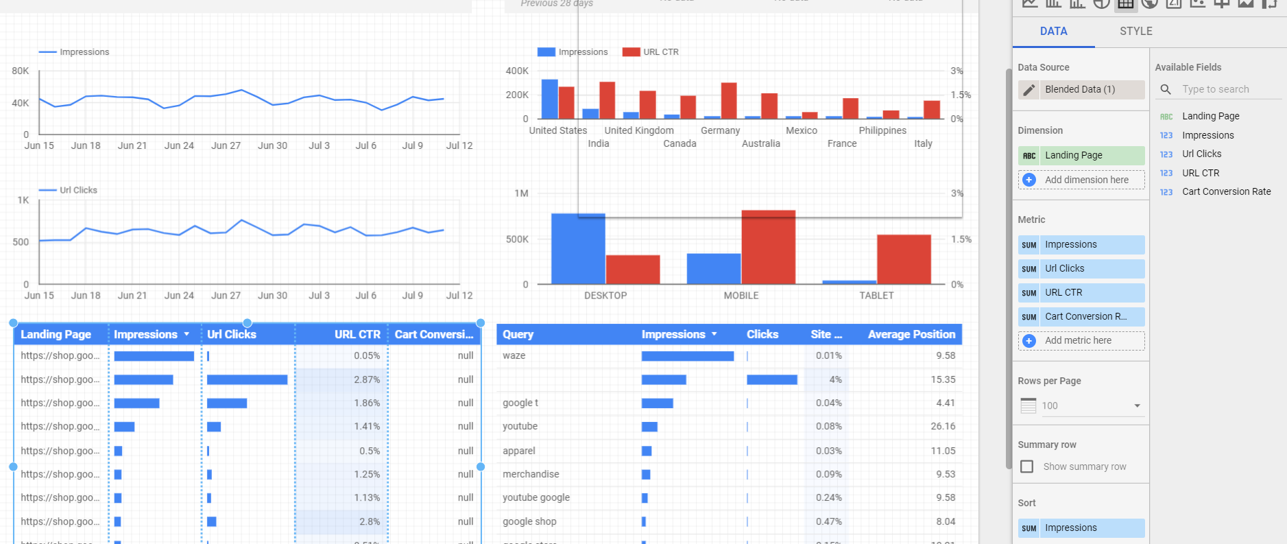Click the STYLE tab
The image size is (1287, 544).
(x=1135, y=31)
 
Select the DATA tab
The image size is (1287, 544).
(x=1053, y=31)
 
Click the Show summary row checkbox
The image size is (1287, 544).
(x=1026, y=466)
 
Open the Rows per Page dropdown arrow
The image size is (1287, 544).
(x=1137, y=405)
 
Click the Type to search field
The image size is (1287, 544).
(x=1227, y=89)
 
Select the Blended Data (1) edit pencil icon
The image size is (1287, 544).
(x=1029, y=90)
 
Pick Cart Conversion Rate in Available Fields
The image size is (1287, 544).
(x=1226, y=191)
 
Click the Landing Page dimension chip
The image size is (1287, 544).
(x=1081, y=155)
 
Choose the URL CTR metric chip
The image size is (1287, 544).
(x=1081, y=292)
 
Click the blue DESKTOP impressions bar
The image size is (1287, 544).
(x=578, y=248)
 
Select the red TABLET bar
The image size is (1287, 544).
(x=904, y=259)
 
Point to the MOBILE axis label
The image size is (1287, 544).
(x=741, y=296)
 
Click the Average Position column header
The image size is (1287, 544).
(x=911, y=334)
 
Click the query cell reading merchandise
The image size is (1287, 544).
(x=531, y=474)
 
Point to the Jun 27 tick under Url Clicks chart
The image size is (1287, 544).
(x=226, y=296)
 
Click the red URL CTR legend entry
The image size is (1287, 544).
(x=651, y=52)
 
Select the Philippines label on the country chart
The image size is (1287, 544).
(x=882, y=130)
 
